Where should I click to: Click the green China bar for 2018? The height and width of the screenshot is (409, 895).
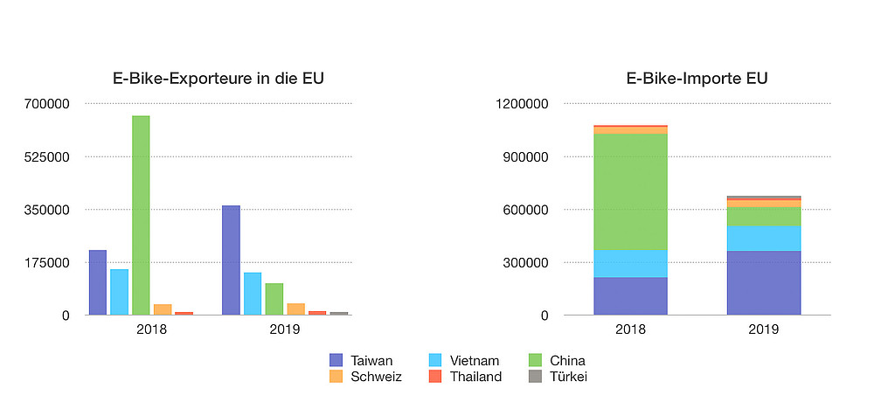coord(141,215)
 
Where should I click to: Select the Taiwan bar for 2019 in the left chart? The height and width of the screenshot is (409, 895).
coord(231,260)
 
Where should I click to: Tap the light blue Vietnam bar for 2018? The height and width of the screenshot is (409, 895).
coord(119,292)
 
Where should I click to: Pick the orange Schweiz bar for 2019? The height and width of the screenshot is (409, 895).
coord(295,308)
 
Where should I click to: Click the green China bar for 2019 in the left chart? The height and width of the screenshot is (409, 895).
coord(274,299)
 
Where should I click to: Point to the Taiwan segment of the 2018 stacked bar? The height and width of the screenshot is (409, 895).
coord(630,296)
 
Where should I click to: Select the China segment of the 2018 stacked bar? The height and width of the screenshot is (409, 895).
coord(630,191)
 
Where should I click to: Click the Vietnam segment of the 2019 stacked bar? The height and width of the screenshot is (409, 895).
coord(764,239)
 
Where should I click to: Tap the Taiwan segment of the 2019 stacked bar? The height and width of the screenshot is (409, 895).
coord(764,283)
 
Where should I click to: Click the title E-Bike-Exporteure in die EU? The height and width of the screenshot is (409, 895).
coord(219,79)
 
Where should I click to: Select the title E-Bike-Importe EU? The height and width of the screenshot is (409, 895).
coord(697,79)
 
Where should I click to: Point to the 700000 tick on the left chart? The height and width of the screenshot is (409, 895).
coord(49,104)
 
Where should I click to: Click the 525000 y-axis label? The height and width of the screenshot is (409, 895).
coord(49,157)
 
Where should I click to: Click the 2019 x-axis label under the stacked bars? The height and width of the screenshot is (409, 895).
coord(764,329)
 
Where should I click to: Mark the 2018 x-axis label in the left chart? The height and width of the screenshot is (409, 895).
coord(152,329)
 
